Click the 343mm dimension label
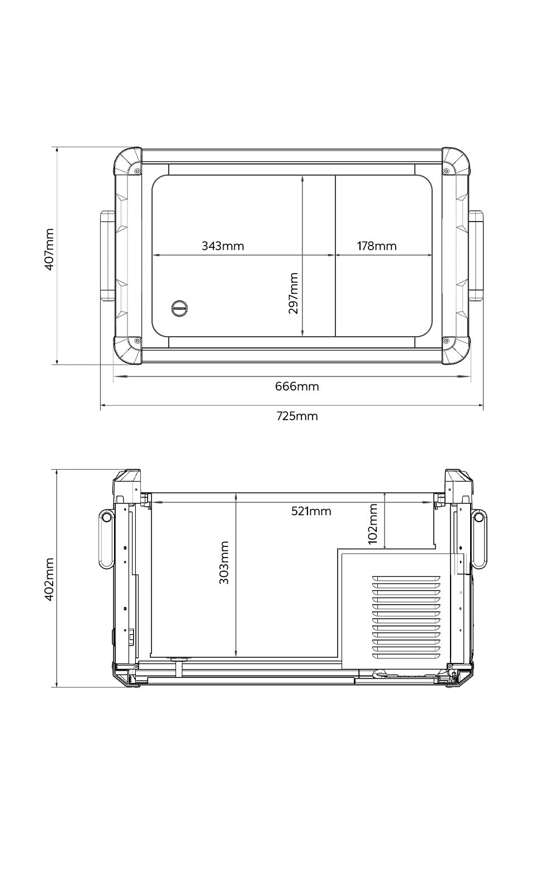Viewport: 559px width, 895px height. pos(222,246)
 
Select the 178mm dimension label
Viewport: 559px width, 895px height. pos(377,246)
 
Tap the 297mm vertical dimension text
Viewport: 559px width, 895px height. pos(293,293)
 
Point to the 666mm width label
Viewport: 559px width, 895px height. pos(297,387)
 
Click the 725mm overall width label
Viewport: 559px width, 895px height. pos(297,416)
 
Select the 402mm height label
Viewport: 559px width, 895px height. pos(49,579)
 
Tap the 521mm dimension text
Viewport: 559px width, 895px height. pos(311,511)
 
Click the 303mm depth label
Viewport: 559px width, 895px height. pos(224,562)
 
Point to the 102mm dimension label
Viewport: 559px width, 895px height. pos(373,524)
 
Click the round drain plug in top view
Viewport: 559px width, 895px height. pos(179,307)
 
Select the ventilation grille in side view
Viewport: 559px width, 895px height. pos(408,616)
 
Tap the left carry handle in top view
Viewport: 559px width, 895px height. pos(107,256)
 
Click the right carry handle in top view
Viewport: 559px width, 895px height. pos(476,256)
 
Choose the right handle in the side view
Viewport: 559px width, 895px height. pos(479,538)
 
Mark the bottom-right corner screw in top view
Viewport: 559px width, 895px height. pos(446,340)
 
